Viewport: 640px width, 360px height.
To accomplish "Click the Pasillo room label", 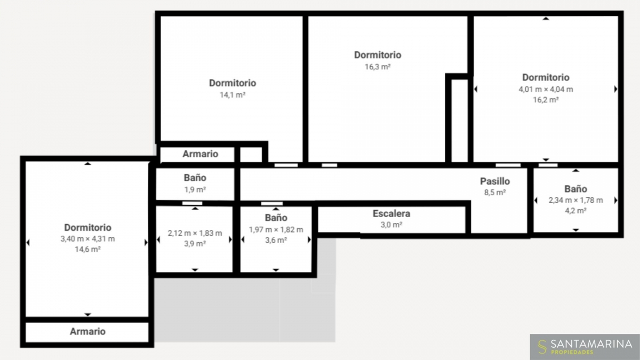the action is point(495,181).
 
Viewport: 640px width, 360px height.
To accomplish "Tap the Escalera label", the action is point(391,213).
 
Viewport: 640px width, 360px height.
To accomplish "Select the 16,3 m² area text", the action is point(378,67).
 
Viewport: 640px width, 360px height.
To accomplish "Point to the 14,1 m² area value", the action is point(233,95).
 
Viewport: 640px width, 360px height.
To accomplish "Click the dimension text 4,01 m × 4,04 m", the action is point(546,89).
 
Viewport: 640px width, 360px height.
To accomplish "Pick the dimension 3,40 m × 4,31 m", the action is point(87,239).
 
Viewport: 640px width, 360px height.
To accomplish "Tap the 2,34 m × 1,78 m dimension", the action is point(575,201).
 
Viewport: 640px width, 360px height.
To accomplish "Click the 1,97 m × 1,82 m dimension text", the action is point(276,230).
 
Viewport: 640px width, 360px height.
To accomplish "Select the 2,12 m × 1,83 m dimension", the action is point(195,233).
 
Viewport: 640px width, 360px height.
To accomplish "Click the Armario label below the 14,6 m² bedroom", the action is point(87,331).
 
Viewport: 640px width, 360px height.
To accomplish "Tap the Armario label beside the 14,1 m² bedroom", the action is point(201,154).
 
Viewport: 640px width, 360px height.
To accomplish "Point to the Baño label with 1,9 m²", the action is point(195,178).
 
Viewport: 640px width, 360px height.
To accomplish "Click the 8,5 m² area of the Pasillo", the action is point(495,193).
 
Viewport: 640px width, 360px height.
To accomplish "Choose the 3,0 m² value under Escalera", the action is point(391,225).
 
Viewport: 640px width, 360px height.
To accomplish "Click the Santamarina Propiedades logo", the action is point(585,347).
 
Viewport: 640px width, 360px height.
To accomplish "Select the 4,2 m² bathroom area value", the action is point(575,211).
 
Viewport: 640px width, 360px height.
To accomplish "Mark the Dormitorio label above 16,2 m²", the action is point(546,77).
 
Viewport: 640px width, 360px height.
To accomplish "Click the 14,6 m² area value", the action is point(87,250).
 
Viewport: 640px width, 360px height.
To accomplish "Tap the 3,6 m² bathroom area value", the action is point(276,241).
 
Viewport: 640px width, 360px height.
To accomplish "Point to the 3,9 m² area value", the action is point(195,244).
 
